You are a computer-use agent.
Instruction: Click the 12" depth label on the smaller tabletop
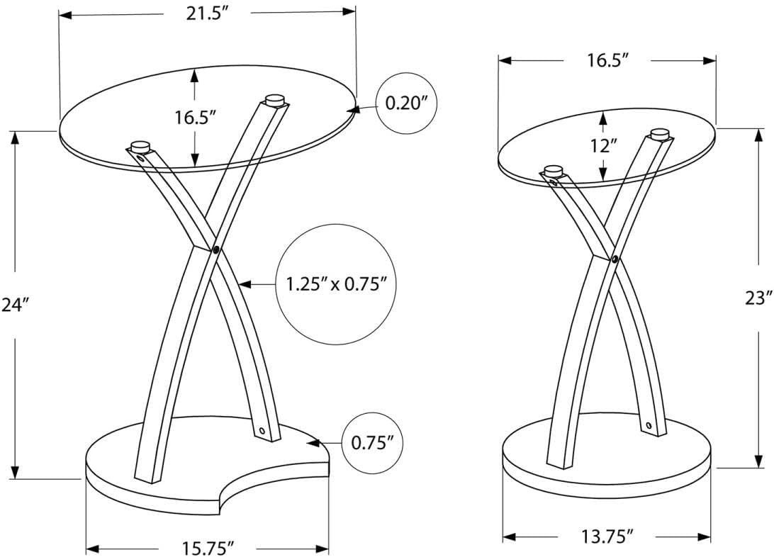(x=603, y=146)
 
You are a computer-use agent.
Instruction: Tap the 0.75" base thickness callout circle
(x=373, y=443)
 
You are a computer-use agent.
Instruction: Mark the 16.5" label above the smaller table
(x=607, y=60)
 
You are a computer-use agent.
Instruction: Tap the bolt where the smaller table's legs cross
(x=615, y=259)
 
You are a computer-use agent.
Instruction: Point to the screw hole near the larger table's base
(x=262, y=430)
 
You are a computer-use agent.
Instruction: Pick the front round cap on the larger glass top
(x=140, y=145)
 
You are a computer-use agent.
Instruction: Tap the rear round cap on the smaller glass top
(x=661, y=133)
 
